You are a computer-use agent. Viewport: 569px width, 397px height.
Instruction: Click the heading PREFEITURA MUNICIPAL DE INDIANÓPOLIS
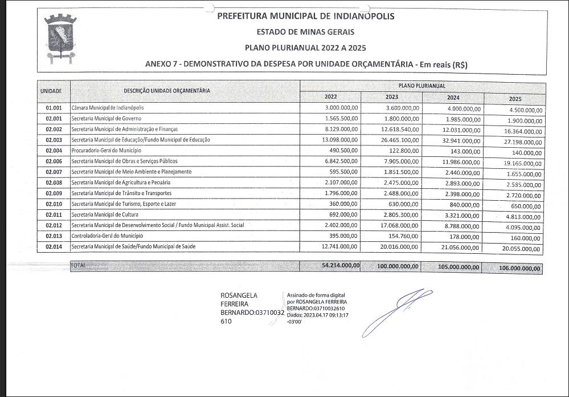[x=305, y=16]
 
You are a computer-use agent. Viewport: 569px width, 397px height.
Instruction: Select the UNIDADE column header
[x=55, y=91]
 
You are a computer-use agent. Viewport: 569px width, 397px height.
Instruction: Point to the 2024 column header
[x=453, y=97]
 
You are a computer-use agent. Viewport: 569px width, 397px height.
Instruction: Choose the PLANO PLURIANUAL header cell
[x=422, y=86]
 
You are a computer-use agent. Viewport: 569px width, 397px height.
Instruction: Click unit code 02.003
[x=55, y=140]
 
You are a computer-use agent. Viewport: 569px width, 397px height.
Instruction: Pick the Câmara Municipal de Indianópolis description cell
[x=108, y=107]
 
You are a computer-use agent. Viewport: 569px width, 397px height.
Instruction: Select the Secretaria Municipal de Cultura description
[x=105, y=214]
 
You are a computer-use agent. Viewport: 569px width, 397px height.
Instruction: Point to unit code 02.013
[x=55, y=236]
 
